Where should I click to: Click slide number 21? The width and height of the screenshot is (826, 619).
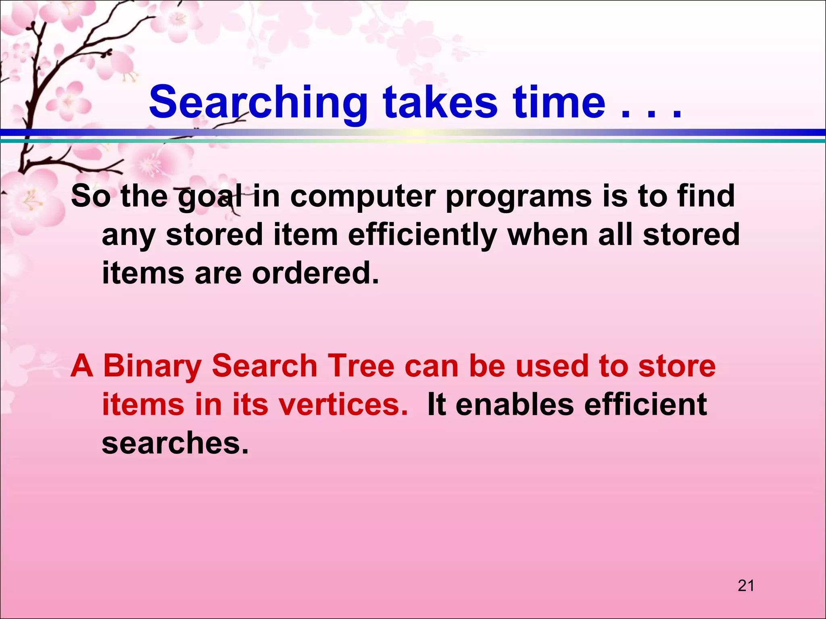coord(746,586)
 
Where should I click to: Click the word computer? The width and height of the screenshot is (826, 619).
coord(363,197)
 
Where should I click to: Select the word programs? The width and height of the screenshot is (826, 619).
coord(519,197)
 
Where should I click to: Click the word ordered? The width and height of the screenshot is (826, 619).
coord(315,273)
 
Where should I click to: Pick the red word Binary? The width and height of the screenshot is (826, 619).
coord(152,366)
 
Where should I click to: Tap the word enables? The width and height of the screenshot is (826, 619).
coord(515,405)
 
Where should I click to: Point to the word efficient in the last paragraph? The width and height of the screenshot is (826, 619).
coord(645,405)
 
